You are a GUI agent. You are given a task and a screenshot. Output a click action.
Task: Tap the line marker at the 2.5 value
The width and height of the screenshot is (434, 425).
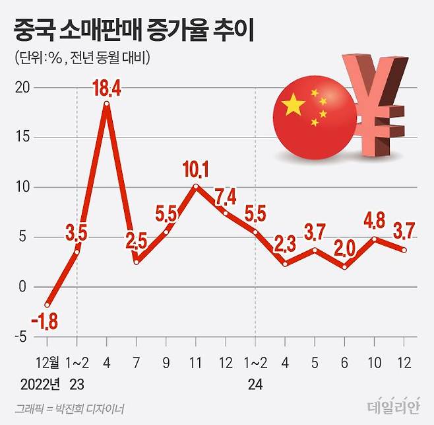137,262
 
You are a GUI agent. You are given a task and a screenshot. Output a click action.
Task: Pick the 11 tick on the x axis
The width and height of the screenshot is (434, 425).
195,362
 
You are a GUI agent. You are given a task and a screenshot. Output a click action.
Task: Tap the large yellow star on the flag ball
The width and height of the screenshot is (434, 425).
294,104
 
